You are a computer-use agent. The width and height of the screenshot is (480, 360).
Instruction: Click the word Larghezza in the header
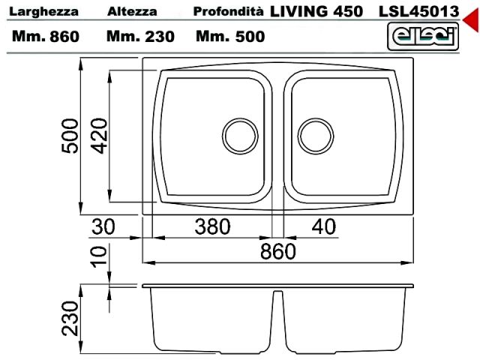pyautogui.click(x=43, y=12)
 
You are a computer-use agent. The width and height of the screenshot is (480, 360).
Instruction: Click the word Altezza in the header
pyautogui.click(x=132, y=12)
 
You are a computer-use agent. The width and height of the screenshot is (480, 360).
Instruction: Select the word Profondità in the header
pyautogui.click(x=228, y=11)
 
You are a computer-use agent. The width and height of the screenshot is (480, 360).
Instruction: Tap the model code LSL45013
pyautogui.click(x=419, y=12)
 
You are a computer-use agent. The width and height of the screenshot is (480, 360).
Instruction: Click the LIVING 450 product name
pyautogui.click(x=316, y=12)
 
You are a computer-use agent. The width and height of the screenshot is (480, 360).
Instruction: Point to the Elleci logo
pyautogui.click(x=423, y=37)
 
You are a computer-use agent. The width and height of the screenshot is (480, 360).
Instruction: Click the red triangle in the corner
pyautogui.click(x=472, y=19)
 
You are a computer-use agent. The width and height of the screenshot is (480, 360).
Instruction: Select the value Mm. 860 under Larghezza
pyautogui.click(x=46, y=37)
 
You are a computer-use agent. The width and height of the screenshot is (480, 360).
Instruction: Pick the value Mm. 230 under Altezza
pyautogui.click(x=140, y=37)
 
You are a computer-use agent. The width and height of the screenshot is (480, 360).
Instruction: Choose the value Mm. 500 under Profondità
pyautogui.click(x=230, y=37)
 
